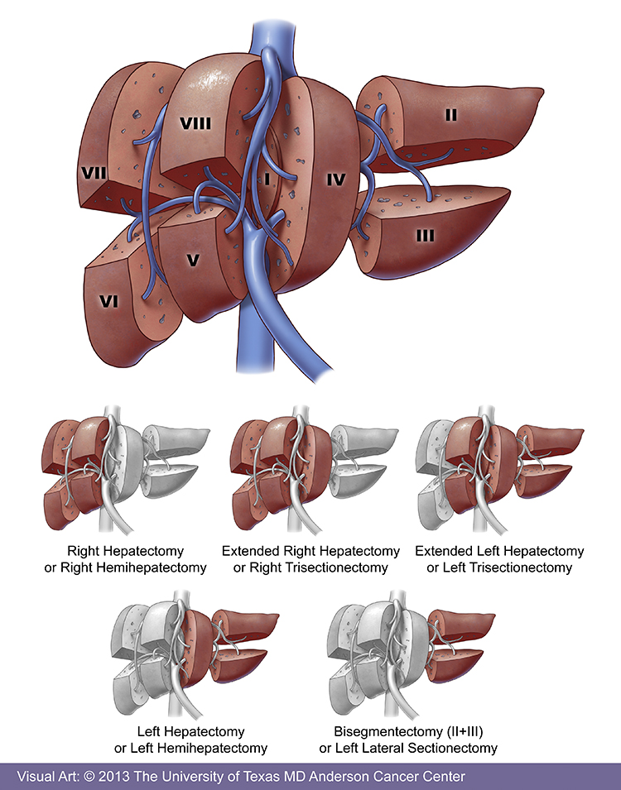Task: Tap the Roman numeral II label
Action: click(450, 115)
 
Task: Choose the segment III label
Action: click(425, 236)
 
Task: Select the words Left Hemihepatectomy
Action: click(203, 748)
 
